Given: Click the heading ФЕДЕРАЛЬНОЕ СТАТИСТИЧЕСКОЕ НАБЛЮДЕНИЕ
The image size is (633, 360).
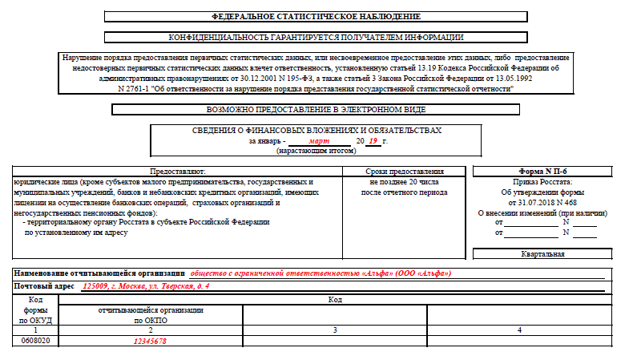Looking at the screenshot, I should coord(316,16).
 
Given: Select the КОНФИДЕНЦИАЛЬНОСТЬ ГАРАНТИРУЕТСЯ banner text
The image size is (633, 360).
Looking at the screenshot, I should coord(316,37).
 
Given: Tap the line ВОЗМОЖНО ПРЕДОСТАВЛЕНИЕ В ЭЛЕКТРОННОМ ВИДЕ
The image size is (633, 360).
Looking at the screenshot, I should coord(316,109).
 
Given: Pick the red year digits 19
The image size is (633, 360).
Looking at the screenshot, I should coord(373,140).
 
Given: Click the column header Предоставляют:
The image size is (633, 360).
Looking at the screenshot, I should coord(178,172).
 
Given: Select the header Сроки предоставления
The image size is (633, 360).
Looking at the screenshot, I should coord(404,172).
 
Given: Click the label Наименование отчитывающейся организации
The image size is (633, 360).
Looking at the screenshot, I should coord(99,273).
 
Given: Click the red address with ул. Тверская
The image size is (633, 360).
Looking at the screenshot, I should coord(146,286).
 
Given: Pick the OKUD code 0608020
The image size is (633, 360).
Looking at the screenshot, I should coord(35,341).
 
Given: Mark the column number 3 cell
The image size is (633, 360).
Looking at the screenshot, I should coord(335,330).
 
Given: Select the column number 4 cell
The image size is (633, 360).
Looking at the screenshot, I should coord(519,330).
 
